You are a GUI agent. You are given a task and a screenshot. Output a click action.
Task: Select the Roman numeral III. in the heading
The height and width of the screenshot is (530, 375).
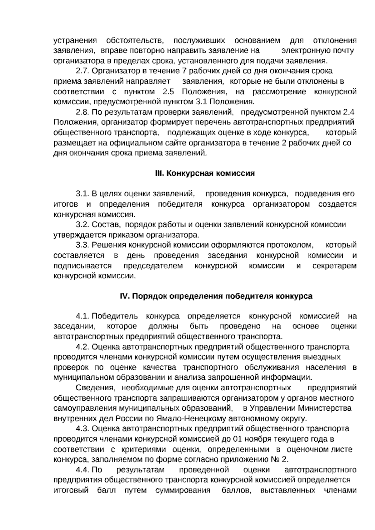pos(160,173)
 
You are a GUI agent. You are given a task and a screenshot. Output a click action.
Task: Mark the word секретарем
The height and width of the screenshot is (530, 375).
pos(334,266)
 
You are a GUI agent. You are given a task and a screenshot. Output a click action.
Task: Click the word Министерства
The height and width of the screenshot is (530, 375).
pos(325,408)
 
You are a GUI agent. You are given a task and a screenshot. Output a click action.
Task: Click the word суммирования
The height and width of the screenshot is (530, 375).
pos(183,490)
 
